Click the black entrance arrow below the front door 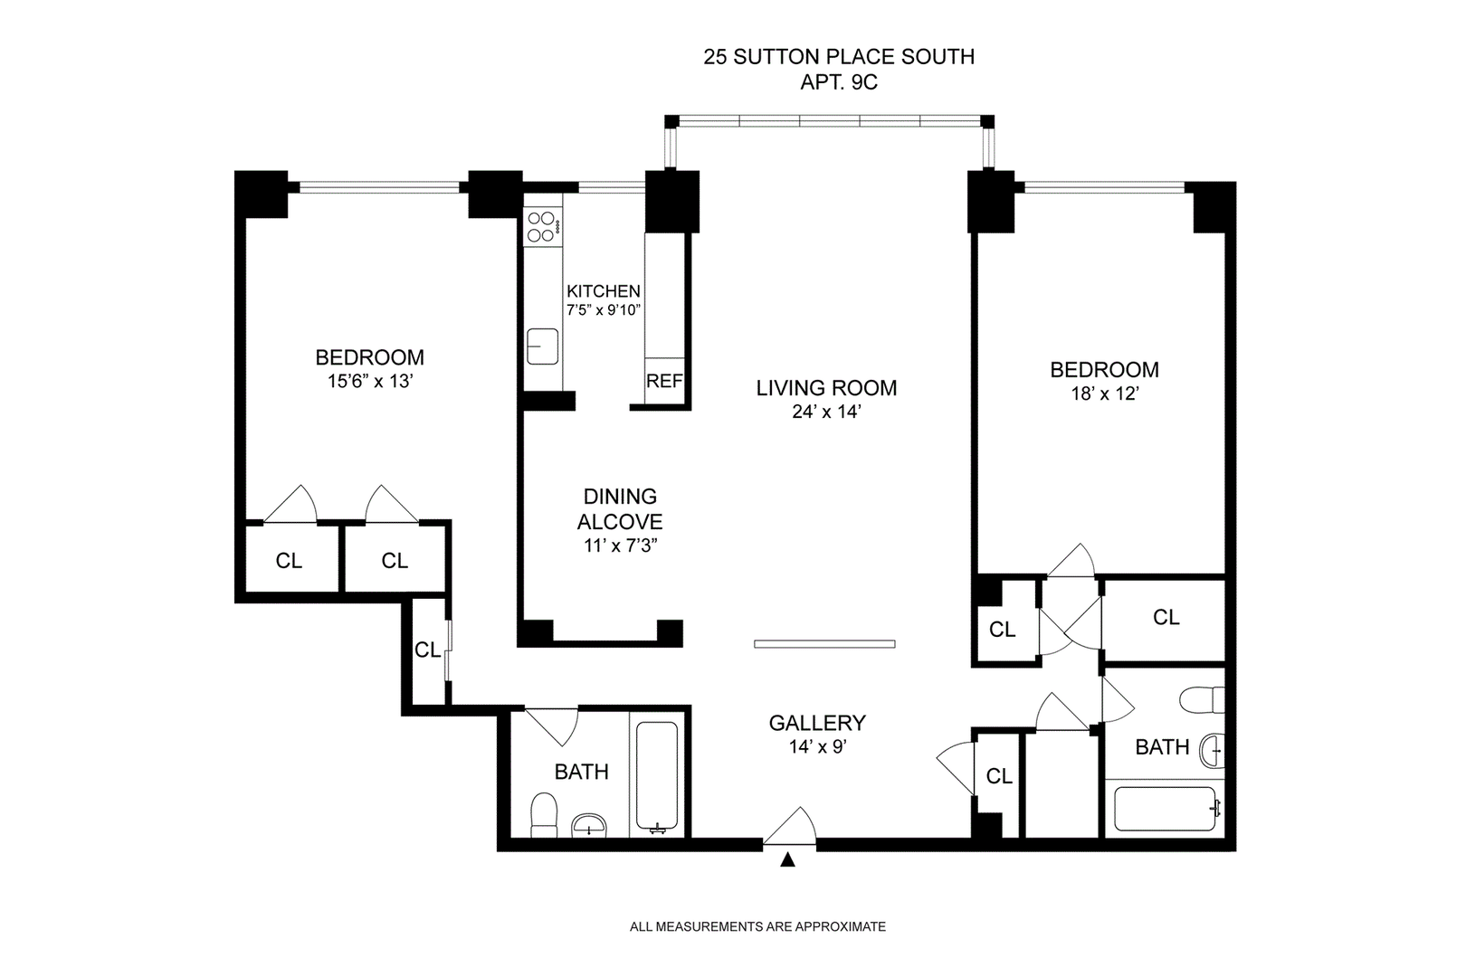787,860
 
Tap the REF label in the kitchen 664,381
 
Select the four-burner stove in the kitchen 543,227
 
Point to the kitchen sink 543,346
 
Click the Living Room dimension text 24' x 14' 826,412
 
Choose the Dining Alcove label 620,509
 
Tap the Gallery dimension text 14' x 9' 818,746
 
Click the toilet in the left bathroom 544,815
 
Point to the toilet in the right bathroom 1202,699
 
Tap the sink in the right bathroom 1212,751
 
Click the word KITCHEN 604,291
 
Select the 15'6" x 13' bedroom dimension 370,382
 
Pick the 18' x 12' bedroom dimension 1105,394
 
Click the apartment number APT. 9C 839,83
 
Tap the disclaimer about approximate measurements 757,926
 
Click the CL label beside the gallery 999,776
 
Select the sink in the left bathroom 589,825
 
